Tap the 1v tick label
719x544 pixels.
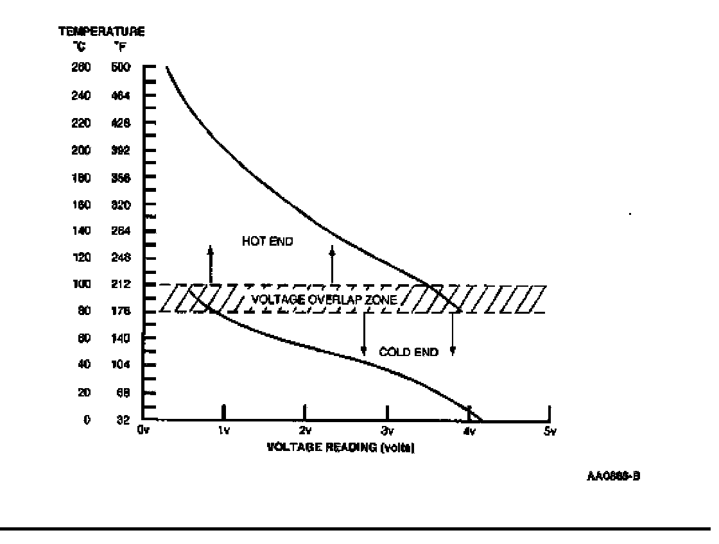click(223, 431)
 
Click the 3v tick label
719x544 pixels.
click(386, 431)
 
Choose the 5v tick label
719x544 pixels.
click(549, 431)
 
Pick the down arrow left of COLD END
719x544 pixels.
click(364, 334)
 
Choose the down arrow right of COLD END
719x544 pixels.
click(453, 334)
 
